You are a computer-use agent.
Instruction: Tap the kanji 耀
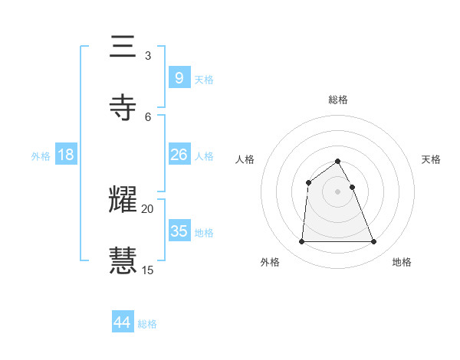point(123,199)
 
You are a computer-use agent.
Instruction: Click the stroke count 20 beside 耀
point(148,208)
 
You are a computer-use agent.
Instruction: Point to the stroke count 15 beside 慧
point(148,270)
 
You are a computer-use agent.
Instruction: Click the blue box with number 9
point(179,77)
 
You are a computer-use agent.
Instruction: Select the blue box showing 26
point(179,155)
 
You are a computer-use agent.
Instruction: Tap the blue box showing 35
point(179,231)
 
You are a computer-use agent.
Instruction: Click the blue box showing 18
point(66,155)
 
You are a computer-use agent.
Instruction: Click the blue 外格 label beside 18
point(41,155)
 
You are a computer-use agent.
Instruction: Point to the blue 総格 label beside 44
point(147,324)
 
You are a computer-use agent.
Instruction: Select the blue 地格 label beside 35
point(204,232)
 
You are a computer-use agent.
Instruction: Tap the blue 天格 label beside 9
point(204,79)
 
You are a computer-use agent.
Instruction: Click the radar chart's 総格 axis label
point(337,100)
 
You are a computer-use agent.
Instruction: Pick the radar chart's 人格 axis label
point(245,159)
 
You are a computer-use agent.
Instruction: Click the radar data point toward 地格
point(374,242)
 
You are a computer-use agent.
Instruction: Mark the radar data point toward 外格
point(301,242)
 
